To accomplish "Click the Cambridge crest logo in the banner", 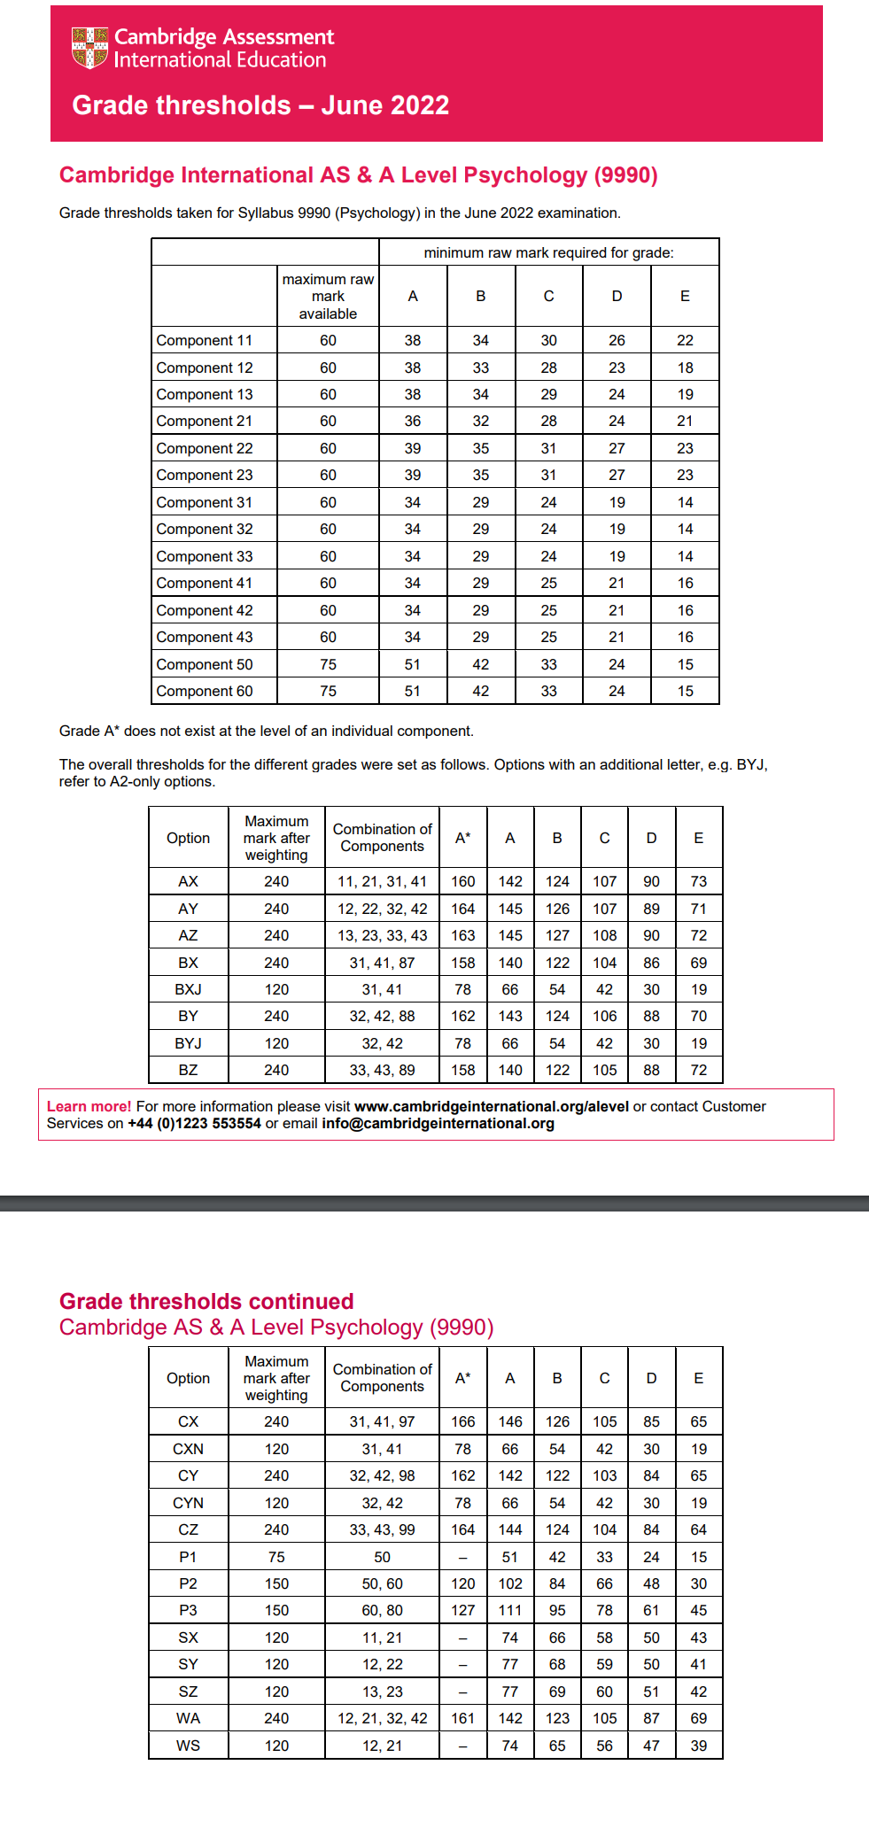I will tap(89, 48).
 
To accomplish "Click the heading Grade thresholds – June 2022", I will tap(260, 105).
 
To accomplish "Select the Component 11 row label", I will tap(205, 341).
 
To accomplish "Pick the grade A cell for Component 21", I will tap(413, 422).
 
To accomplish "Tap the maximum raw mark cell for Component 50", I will tap(328, 665).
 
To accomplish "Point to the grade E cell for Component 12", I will tap(685, 368).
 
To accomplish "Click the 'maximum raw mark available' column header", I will tap(328, 297).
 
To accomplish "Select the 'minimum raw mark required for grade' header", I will tap(548, 253).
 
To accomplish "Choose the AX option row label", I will tap(188, 882).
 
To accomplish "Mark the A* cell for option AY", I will tap(462, 910).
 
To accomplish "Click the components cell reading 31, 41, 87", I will tap(382, 964).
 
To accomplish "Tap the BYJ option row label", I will tap(188, 1044).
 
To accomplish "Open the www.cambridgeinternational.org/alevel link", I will tap(491, 1107).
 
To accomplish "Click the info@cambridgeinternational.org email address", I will tap(438, 1124).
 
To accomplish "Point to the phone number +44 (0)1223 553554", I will tap(194, 1124).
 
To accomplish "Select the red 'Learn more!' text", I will tap(89, 1107).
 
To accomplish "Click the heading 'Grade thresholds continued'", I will tap(206, 1302).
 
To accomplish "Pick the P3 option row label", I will tap(188, 1611).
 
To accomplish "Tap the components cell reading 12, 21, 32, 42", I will tap(382, 1719).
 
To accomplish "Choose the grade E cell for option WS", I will tap(698, 1746).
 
